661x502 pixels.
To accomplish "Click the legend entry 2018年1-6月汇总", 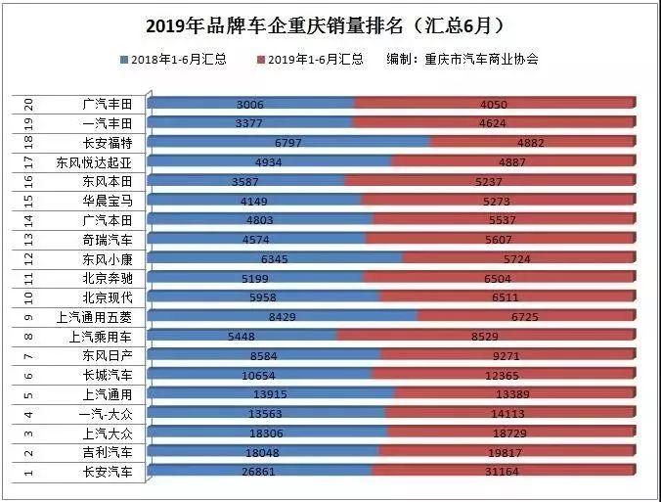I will click(179, 60).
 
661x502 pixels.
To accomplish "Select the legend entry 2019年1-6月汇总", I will click(315, 60).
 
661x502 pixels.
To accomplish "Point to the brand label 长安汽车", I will click(113, 472).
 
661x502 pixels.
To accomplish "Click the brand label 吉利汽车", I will click(113, 452).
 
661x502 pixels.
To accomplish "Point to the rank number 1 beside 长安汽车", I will click(30, 472).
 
